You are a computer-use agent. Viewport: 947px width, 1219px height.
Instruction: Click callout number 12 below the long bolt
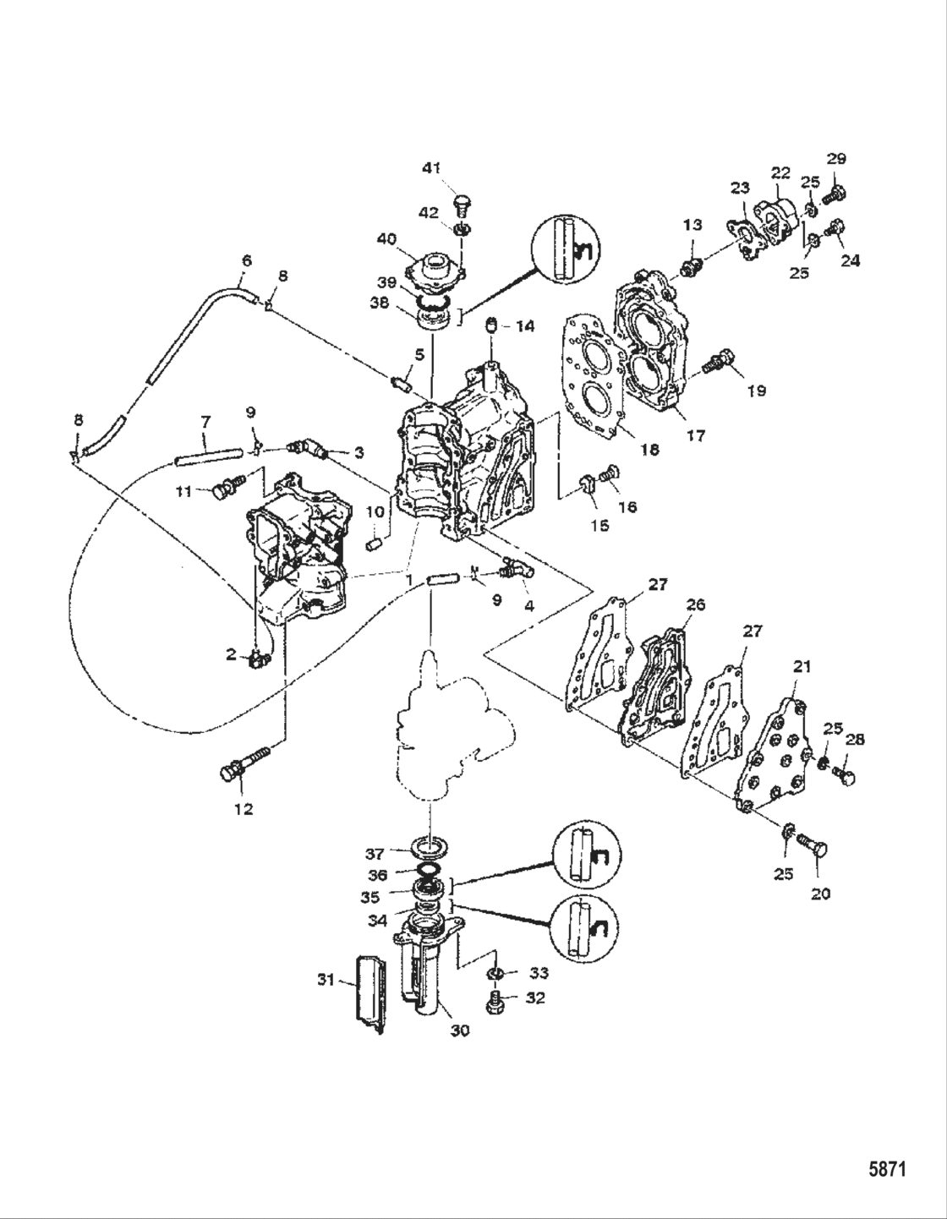pyautogui.click(x=243, y=809)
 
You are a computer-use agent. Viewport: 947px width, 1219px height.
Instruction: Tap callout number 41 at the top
pyautogui.click(x=431, y=169)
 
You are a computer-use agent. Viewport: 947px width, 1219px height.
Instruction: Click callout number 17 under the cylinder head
pyautogui.click(x=696, y=437)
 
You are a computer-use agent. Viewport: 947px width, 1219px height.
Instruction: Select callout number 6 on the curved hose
pyautogui.click(x=247, y=261)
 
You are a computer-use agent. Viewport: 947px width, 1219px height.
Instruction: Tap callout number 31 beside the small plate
pyautogui.click(x=326, y=980)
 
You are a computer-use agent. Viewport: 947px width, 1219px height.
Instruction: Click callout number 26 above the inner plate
pyautogui.click(x=695, y=605)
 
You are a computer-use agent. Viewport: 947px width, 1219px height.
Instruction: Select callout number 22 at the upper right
pyautogui.click(x=780, y=172)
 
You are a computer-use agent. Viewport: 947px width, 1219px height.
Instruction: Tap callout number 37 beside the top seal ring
pyautogui.click(x=375, y=854)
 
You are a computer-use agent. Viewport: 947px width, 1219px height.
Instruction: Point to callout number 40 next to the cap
pyautogui.click(x=386, y=239)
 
